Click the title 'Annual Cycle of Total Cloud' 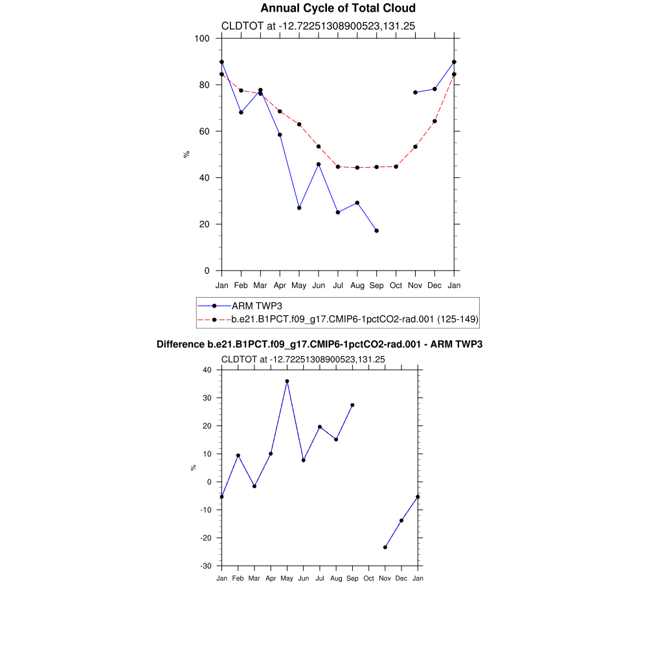(x=337, y=8)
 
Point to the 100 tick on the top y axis (x=202, y=38)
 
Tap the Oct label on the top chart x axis (x=396, y=286)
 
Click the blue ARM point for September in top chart (x=377, y=230)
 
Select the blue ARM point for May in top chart (x=299, y=208)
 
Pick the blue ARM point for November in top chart (x=415, y=93)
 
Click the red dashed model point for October (x=396, y=166)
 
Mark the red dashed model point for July (x=338, y=166)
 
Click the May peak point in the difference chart (x=287, y=381)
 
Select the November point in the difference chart (x=385, y=547)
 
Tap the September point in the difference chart (x=352, y=405)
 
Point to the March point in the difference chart (x=254, y=486)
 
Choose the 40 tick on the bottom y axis (x=207, y=370)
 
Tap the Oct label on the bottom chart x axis (x=369, y=578)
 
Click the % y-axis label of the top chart (x=186, y=154)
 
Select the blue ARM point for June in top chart (x=319, y=164)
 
